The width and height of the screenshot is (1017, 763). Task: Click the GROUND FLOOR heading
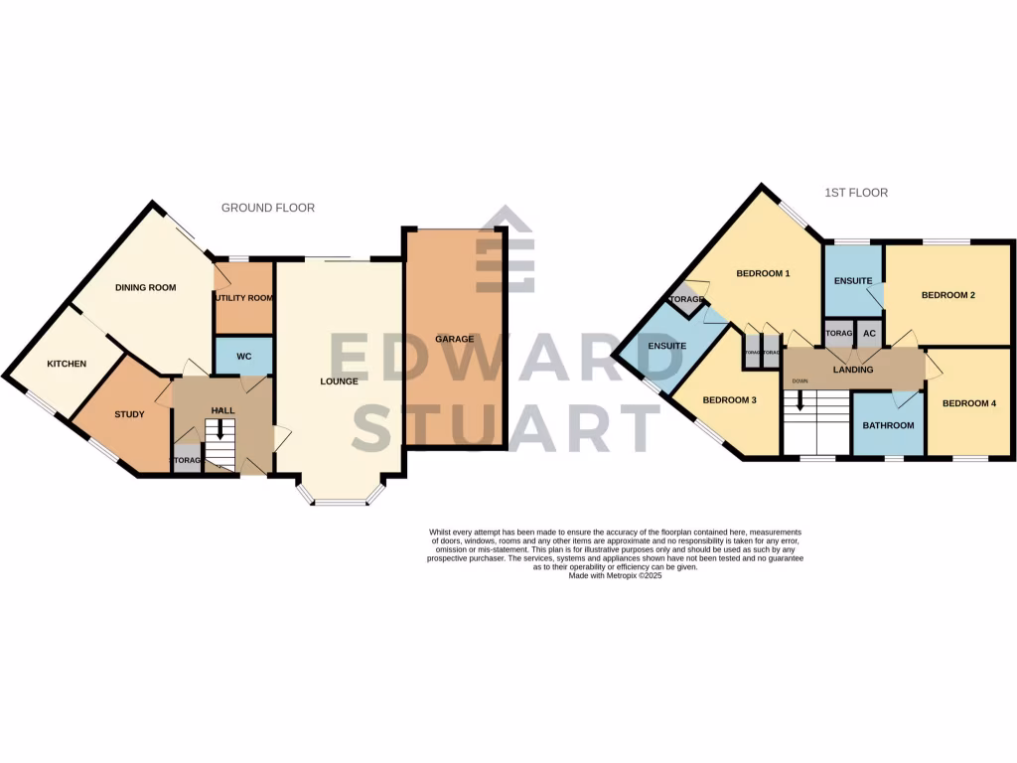click(267, 208)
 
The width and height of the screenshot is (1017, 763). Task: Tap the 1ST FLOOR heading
click(855, 193)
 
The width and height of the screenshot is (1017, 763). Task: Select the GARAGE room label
click(454, 339)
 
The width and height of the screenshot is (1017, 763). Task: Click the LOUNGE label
click(338, 381)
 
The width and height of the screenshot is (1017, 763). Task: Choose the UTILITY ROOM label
click(243, 298)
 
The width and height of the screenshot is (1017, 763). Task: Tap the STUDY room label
click(129, 414)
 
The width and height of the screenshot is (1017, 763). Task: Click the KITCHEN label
click(67, 364)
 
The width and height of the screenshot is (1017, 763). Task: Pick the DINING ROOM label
click(145, 288)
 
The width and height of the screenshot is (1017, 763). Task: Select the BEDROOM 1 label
click(763, 273)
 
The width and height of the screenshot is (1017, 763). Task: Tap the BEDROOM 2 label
click(947, 295)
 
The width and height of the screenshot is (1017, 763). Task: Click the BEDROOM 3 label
click(729, 400)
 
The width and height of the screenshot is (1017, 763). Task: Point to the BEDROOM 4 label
click(968, 403)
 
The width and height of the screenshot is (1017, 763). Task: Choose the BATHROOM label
click(888, 425)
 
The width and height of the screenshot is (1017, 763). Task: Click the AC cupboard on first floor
click(869, 333)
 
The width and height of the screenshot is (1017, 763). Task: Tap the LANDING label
click(853, 370)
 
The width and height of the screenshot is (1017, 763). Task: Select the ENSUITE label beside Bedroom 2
click(853, 281)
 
